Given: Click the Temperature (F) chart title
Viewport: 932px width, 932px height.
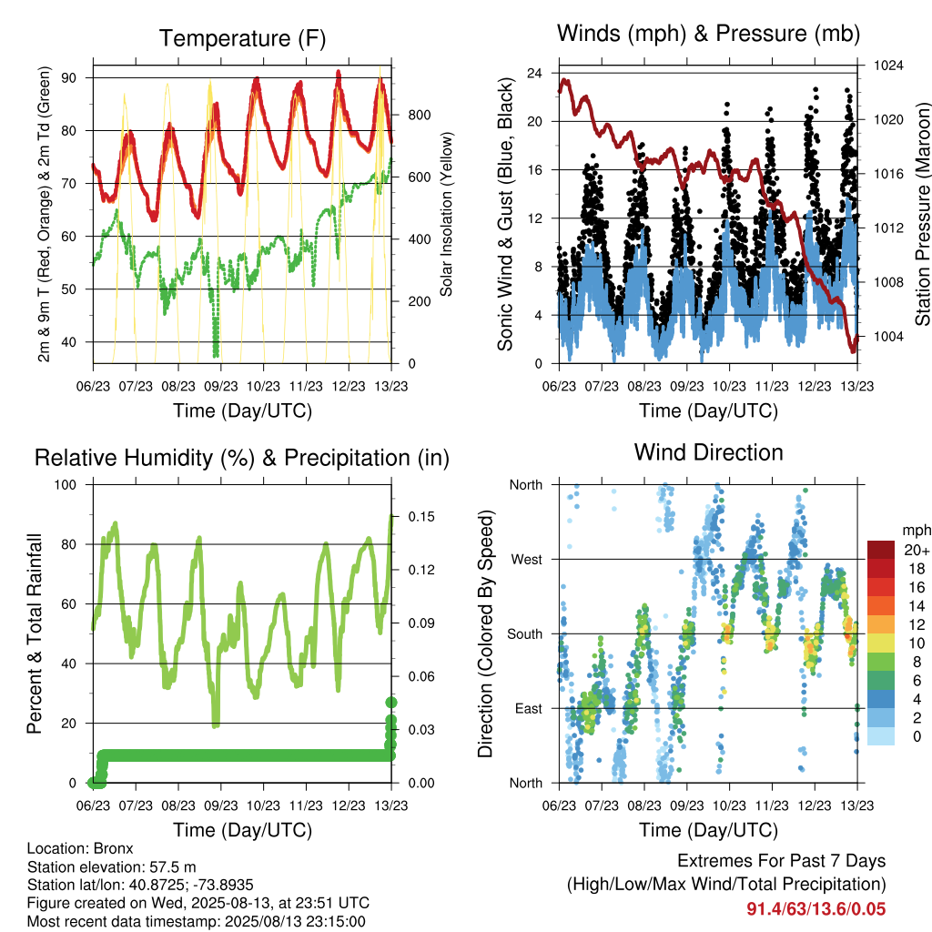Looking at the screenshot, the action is pos(242,38).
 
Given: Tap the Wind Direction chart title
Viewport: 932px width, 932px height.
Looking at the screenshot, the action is pos(708,452).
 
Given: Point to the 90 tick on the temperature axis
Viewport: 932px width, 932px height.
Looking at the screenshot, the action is pos(68,78).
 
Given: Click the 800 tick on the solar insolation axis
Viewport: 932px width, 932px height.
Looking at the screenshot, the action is pos(420,115).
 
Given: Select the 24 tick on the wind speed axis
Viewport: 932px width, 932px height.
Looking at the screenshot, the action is pos(534,73).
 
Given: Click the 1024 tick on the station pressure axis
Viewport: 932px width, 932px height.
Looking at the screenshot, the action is pos(888,66).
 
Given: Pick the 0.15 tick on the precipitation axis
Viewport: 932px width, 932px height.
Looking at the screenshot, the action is pos(421,517).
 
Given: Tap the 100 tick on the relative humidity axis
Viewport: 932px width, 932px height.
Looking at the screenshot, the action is pos(66,484).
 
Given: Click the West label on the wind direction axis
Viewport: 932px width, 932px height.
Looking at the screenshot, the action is pos(527,560).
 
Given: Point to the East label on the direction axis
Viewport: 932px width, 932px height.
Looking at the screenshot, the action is pos(529,708).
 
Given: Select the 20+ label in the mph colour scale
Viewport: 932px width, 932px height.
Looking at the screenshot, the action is pos(917,550).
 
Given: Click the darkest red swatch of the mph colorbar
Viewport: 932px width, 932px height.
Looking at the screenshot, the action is pos(881,550).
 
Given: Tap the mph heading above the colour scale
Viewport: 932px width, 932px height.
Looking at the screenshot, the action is pos(917,531).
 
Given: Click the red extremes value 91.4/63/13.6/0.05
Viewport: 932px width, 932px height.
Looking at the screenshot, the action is pos(816,909).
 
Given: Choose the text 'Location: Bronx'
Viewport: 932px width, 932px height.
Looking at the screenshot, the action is pos(80,848).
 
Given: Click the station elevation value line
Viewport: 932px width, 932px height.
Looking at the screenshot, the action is pos(112,866).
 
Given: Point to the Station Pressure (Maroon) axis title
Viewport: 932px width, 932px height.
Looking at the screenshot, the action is pos(922,214).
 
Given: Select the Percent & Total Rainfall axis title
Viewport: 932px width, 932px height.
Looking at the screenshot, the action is pos(35,633).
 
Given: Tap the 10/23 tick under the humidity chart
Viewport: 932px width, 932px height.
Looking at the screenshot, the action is pos(263,805).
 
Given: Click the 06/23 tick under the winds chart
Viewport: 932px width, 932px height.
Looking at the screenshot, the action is pos(560,386).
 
